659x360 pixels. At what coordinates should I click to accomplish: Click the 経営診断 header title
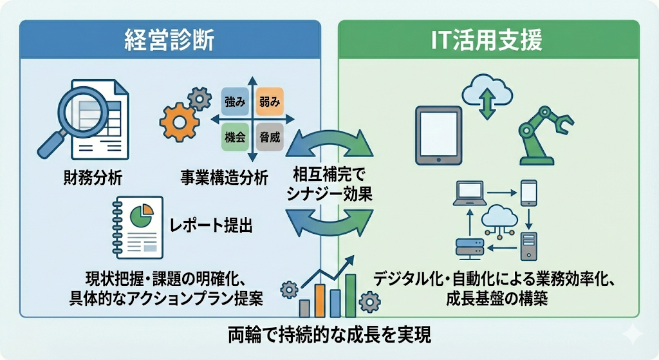tap(169, 41)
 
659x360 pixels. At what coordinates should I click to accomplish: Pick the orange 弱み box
tap(270, 102)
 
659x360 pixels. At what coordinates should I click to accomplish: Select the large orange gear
tap(178, 121)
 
